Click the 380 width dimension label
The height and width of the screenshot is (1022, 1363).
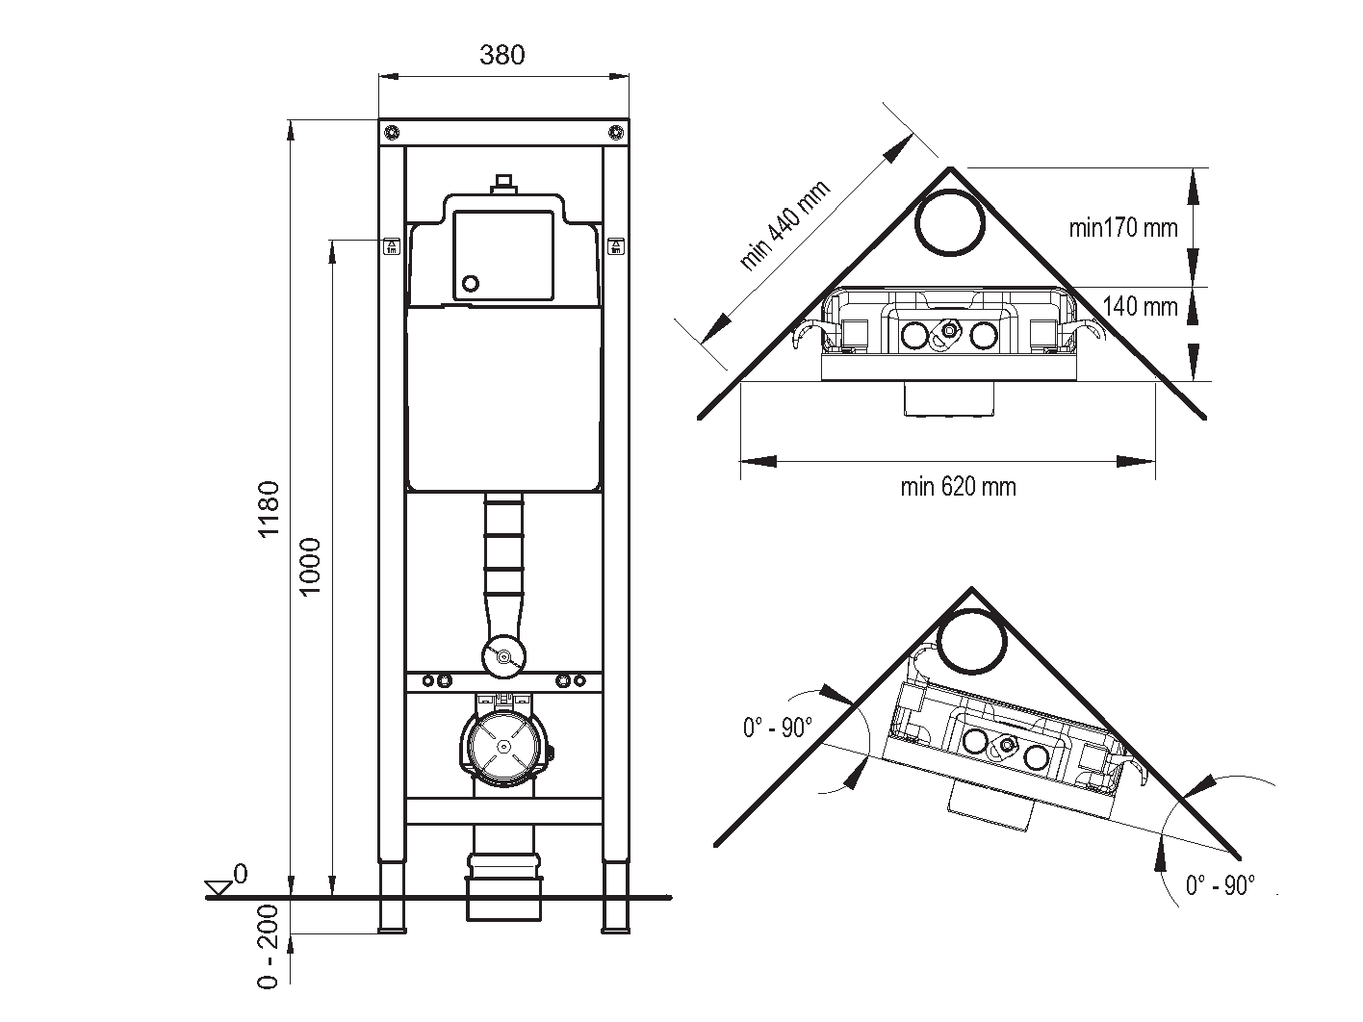tap(501, 55)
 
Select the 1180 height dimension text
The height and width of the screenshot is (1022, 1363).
tap(270, 509)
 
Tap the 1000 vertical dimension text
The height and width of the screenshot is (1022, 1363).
tap(309, 567)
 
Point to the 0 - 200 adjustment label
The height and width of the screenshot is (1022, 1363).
tap(268, 946)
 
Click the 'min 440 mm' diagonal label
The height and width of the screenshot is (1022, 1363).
tap(784, 225)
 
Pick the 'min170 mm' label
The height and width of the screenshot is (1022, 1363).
tap(1122, 228)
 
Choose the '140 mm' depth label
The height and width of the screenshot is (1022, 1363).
tap(1140, 307)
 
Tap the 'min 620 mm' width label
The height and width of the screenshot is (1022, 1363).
tap(958, 487)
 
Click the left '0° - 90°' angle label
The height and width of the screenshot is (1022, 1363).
tap(778, 728)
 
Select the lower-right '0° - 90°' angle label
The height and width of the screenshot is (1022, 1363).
tap(1221, 885)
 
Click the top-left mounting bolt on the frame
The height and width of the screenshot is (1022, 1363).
tap(391, 132)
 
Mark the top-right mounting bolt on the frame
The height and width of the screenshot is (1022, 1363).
tap(615, 132)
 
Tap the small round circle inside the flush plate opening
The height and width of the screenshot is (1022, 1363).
tap(472, 284)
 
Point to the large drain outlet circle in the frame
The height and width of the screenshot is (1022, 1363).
tap(503, 747)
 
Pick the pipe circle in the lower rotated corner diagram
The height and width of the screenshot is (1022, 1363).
tap(971, 642)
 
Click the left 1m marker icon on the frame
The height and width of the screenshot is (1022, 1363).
tap(392, 246)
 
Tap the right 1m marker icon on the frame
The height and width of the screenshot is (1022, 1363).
tap(615, 246)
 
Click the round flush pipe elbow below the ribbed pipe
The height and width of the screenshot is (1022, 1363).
tap(503, 657)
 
